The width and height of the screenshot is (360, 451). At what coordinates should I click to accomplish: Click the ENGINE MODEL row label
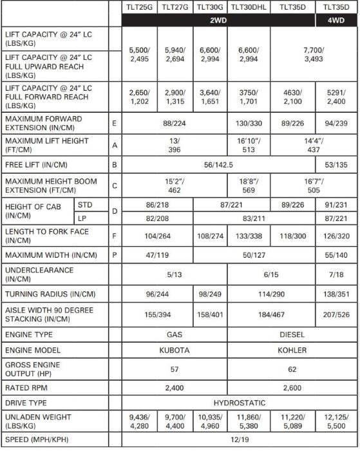pyautogui.click(x=33, y=350)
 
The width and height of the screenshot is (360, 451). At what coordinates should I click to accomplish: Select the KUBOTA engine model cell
pyautogui.click(x=175, y=350)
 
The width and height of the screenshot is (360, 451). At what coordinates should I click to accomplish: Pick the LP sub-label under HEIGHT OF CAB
pyautogui.click(x=82, y=218)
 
